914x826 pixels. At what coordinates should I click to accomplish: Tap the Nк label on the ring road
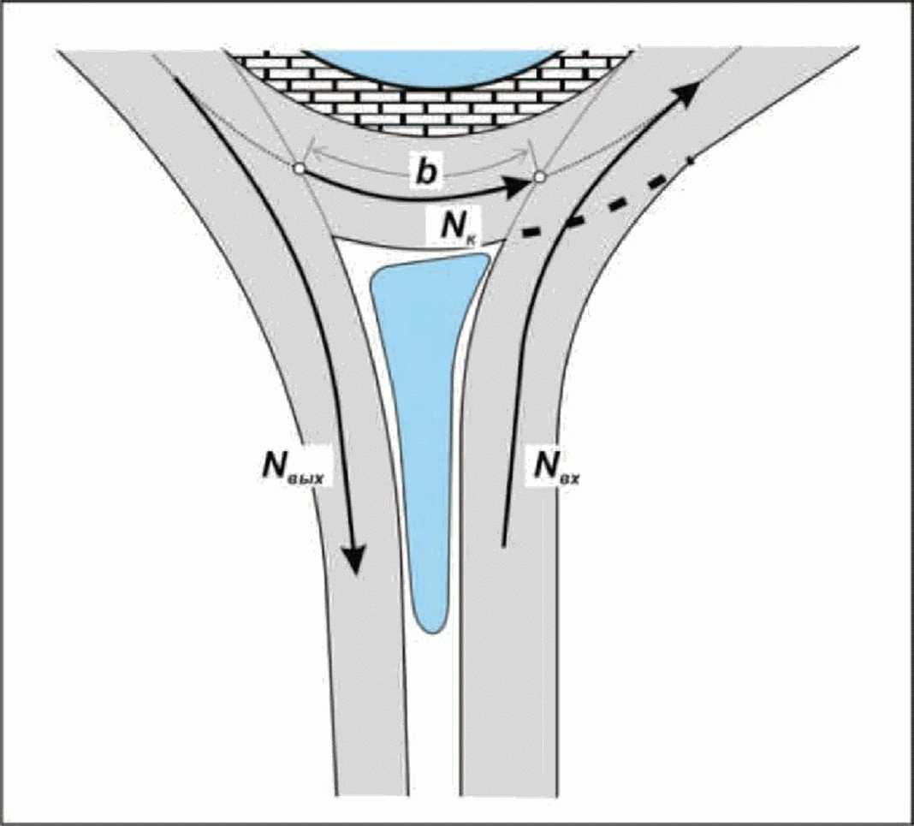(463, 229)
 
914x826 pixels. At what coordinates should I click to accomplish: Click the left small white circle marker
(299, 169)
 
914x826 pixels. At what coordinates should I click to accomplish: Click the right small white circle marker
(539, 177)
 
